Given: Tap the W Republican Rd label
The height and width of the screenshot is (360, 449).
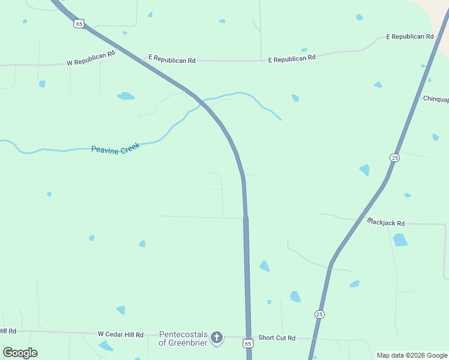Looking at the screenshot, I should pos(91,59).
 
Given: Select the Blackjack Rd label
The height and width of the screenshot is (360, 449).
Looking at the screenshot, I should pos(385,222).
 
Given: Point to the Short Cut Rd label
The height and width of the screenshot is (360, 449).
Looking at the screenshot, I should pos(277,338).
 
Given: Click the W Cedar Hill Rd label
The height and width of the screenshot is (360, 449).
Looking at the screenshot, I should pos(121,334).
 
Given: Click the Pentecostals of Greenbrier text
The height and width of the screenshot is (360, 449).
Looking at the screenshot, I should pos(182,338).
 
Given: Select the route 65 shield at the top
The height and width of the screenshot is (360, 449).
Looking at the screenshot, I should pos(79,23).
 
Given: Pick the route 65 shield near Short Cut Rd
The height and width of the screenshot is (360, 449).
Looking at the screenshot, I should pos(248,343).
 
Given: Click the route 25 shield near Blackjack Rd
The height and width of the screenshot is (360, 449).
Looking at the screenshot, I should pos(394,157).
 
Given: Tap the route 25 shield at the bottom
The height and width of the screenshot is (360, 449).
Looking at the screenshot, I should pos(319,314).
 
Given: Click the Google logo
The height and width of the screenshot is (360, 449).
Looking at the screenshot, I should pos(20,353).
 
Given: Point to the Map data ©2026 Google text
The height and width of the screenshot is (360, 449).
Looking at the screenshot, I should pos(412,355).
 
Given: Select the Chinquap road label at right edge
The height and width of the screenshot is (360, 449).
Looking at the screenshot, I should pos(436,99).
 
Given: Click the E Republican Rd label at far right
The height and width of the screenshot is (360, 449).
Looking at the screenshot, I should pos(409,37).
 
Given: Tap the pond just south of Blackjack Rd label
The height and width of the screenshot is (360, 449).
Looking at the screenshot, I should pos(400,240).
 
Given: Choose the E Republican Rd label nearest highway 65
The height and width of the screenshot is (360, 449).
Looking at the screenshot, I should pos(172,59).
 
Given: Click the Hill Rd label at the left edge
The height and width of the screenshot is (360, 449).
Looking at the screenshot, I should pos(8,331).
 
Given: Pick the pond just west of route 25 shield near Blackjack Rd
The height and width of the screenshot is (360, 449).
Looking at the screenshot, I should pos(364,170).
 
